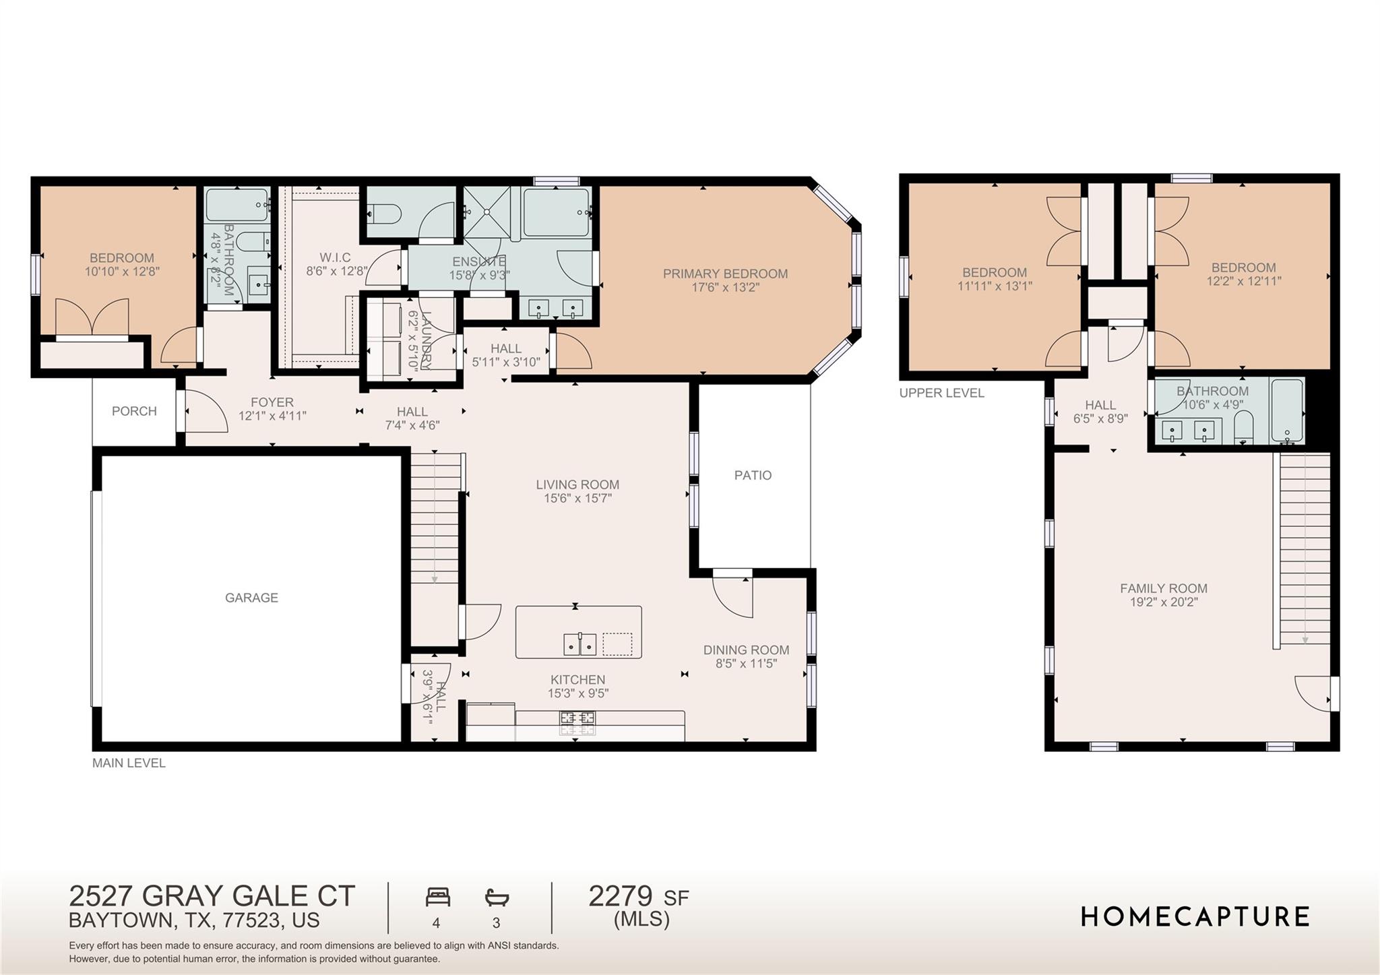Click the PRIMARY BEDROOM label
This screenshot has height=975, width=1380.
[725, 274]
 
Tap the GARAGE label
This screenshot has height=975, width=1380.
[251, 598]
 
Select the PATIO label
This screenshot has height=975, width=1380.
[753, 475]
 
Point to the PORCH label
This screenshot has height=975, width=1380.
[134, 411]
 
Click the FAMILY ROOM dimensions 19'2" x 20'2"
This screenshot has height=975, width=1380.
[1164, 602]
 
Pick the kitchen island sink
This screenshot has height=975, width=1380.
[579, 645]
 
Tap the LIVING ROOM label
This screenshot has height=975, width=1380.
[577, 484]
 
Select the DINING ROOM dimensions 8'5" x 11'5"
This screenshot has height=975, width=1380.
[746, 664]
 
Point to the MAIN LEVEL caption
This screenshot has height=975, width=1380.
[129, 763]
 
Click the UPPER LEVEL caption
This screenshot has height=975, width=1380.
[941, 393]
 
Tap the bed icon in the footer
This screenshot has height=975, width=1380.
[437, 898]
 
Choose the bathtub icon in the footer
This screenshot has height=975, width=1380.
[497, 898]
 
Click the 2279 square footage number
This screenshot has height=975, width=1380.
[620, 897]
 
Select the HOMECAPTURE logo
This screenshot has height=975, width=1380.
[1195, 917]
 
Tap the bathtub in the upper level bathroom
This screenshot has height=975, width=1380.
[1286, 411]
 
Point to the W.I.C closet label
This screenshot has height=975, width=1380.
[335, 258]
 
